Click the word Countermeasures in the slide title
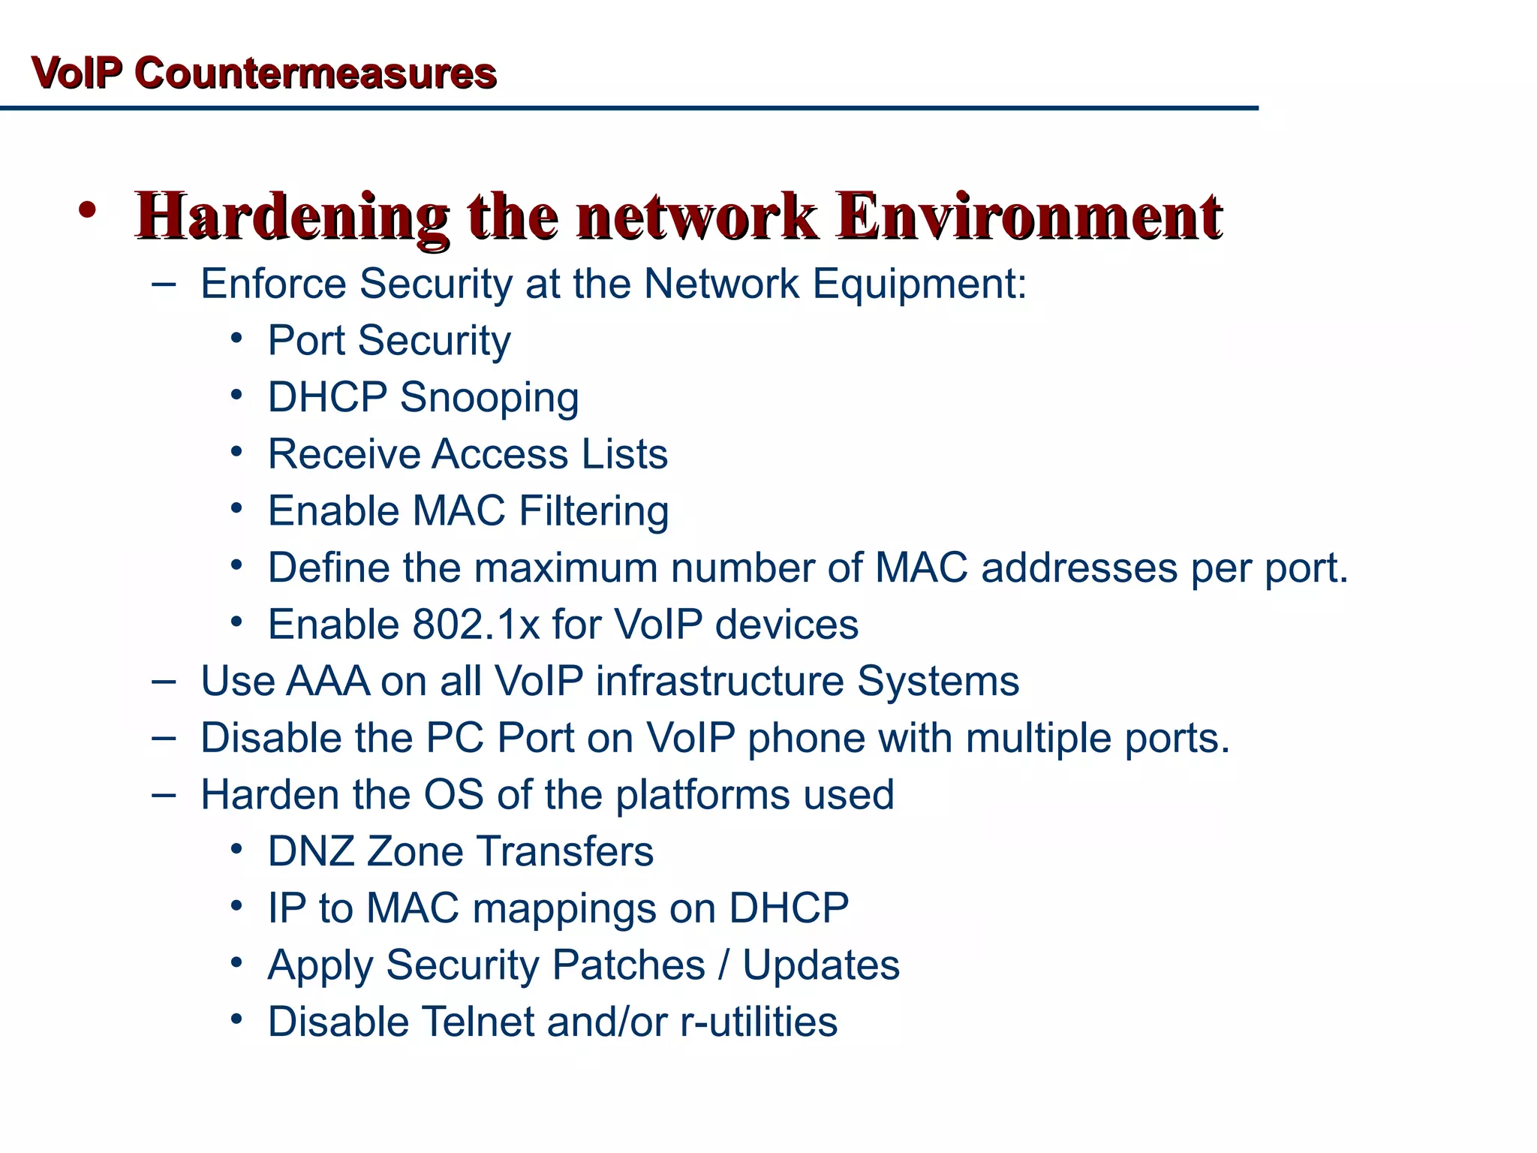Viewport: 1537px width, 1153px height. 315,74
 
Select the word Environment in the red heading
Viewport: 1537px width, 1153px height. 1029,217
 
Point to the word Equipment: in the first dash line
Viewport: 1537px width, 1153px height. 919,285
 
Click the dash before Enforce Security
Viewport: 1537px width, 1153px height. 164,284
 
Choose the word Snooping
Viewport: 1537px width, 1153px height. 489,398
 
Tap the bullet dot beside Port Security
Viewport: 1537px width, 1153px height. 236,339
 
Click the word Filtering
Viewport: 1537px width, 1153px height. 594,511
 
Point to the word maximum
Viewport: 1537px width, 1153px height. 567,568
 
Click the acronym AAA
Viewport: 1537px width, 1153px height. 328,682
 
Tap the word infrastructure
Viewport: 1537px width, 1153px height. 720,682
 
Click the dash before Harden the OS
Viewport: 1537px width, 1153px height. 164,795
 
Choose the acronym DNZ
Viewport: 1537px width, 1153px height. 311,852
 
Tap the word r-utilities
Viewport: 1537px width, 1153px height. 759,1022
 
